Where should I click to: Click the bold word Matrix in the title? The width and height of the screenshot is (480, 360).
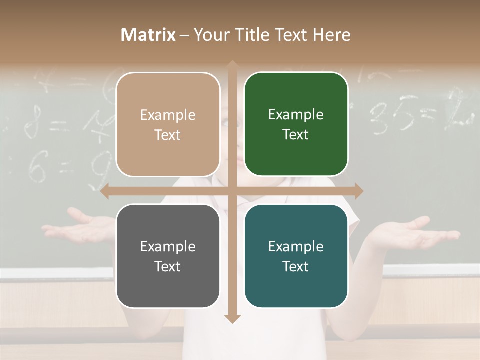tap(148, 35)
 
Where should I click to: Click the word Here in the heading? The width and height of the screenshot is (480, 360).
tap(331, 35)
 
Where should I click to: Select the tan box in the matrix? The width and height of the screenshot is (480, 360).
tap(168, 125)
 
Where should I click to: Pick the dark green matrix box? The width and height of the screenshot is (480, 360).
tap(296, 124)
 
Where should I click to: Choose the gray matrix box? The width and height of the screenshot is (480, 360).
tap(168, 256)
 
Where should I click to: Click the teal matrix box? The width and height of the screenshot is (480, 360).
tap(296, 256)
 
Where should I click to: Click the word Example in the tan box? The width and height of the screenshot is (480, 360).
tap(168, 115)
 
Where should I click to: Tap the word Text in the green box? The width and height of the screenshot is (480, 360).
tap(296, 135)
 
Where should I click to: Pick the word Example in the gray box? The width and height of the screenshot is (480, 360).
tap(168, 247)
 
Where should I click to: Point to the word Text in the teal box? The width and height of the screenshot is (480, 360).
tap(296, 267)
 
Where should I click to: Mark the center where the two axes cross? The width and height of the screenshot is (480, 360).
tap(232, 191)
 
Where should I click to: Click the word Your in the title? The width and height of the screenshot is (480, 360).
tap(210, 35)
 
